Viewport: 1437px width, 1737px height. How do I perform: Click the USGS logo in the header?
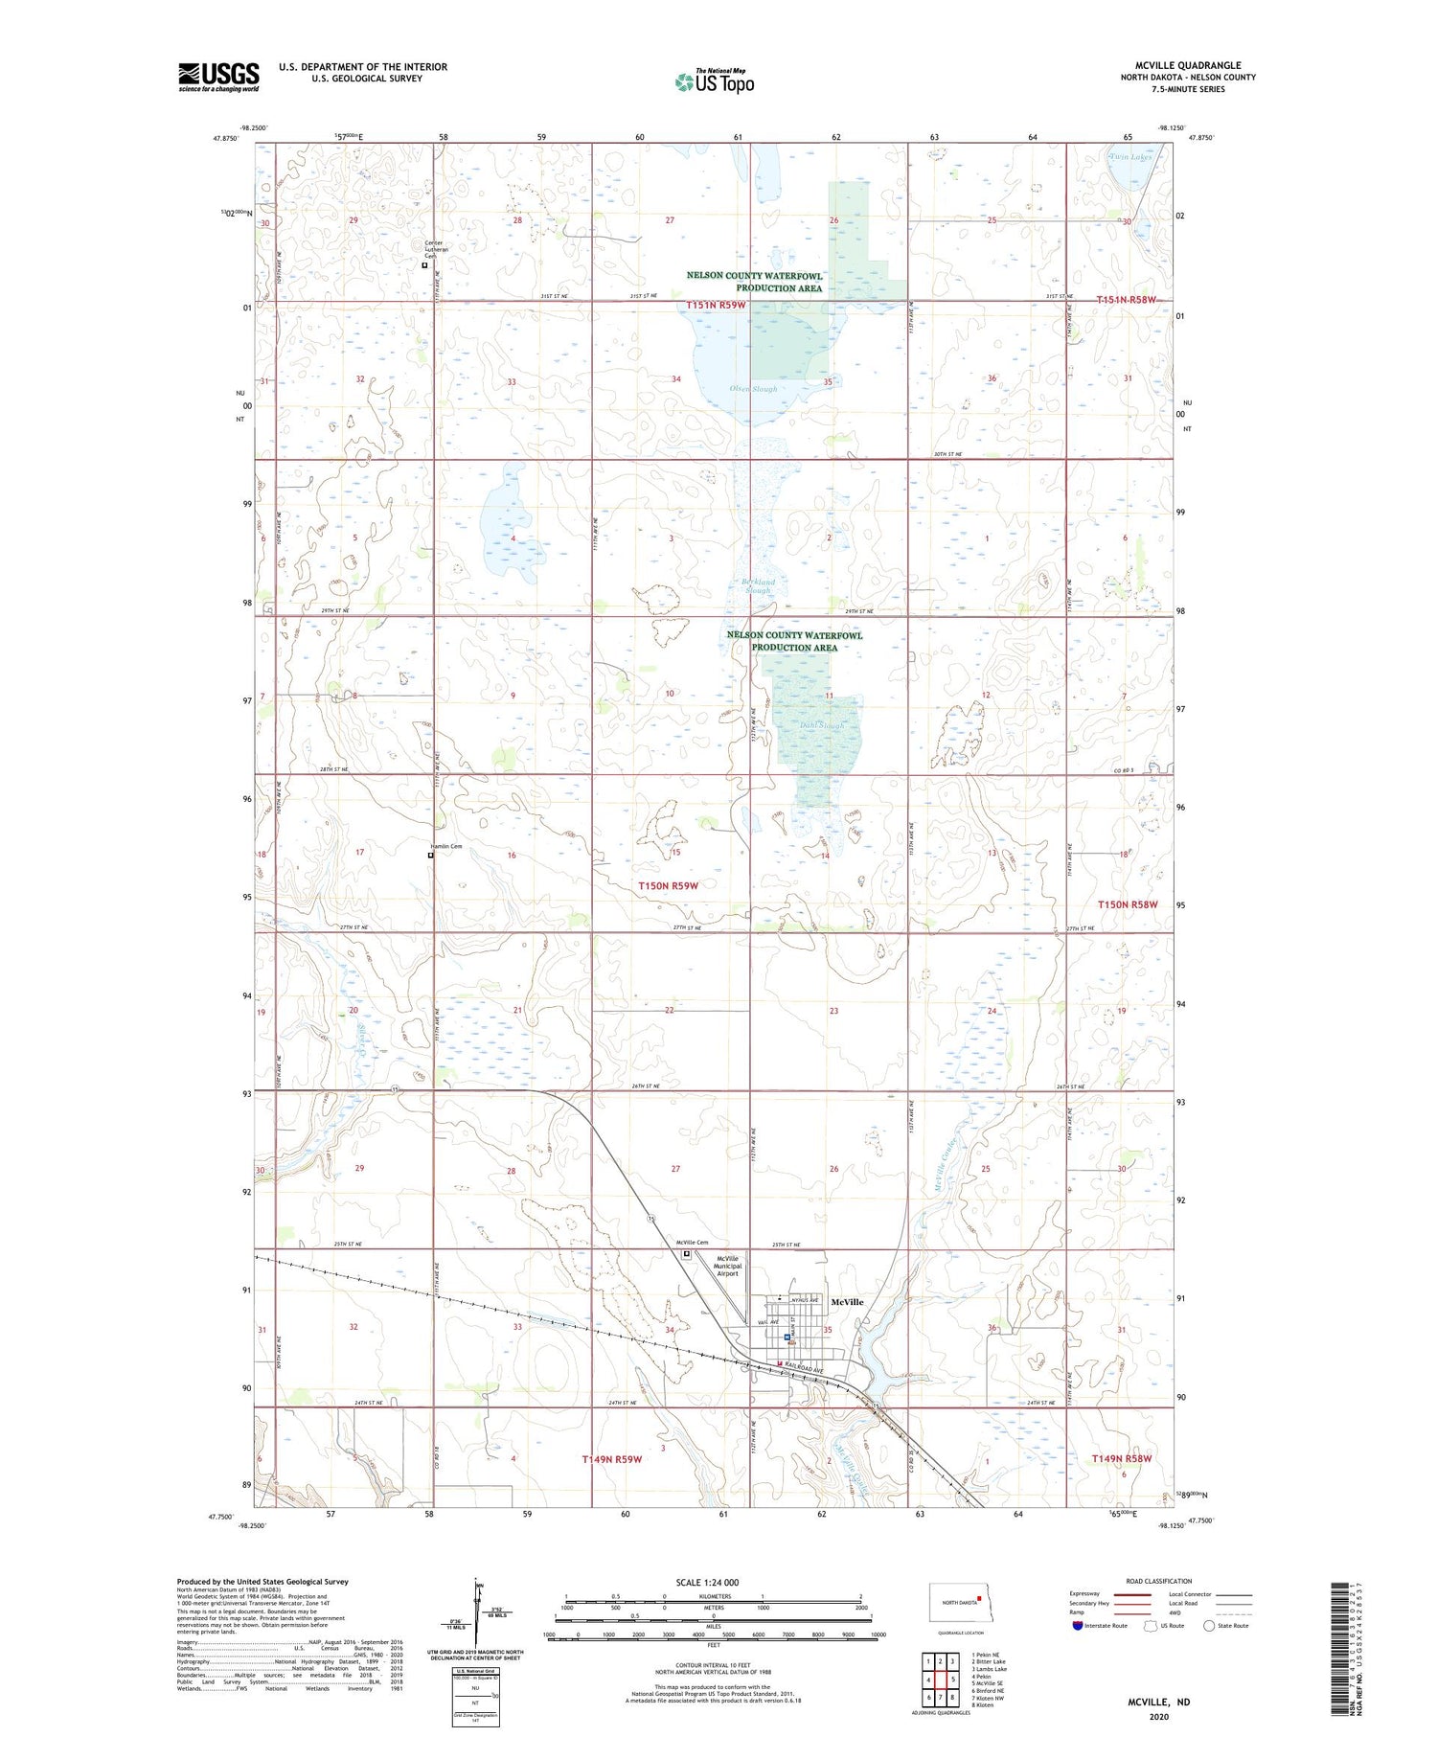point(218,77)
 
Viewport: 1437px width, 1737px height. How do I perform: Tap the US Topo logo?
point(715,81)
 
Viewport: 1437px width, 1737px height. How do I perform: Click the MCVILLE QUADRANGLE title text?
point(1187,65)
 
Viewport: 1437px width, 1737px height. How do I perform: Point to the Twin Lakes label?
point(1129,156)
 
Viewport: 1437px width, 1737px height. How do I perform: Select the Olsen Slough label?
point(753,389)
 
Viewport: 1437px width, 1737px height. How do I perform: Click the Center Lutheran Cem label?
point(437,249)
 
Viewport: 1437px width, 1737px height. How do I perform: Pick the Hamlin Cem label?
point(444,846)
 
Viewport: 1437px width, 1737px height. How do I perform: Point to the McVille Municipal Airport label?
point(727,1266)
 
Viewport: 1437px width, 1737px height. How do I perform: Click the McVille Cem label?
point(692,1243)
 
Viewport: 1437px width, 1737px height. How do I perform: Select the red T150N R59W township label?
point(669,886)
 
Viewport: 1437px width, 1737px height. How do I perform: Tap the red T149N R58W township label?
point(1121,1458)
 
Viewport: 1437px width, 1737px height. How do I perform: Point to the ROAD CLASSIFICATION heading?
point(1159,1581)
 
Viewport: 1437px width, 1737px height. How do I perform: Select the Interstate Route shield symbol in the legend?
point(1078,1626)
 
